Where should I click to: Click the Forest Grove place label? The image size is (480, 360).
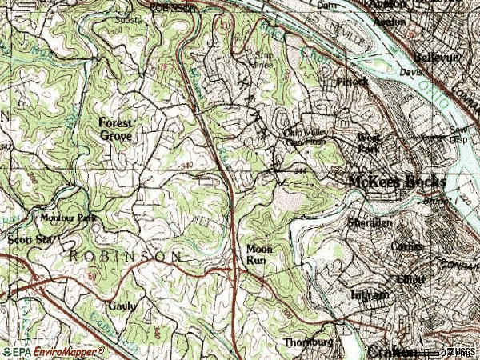pyautogui.click(x=115, y=129)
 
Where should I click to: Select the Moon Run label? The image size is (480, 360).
pyautogui.click(x=259, y=254)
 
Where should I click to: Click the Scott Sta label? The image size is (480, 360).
pyautogui.click(x=26, y=239)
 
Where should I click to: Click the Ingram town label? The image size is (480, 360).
pyautogui.click(x=370, y=295)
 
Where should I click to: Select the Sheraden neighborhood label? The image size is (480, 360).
pyautogui.click(x=370, y=223)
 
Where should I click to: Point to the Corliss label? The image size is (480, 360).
pyautogui.click(x=406, y=247)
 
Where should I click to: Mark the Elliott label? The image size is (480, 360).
pyautogui.click(x=411, y=280)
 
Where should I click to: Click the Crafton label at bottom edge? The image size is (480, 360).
pyautogui.click(x=392, y=352)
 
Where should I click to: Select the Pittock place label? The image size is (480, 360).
pyautogui.click(x=351, y=82)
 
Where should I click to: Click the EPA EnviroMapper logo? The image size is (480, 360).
pyautogui.click(x=53, y=351)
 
